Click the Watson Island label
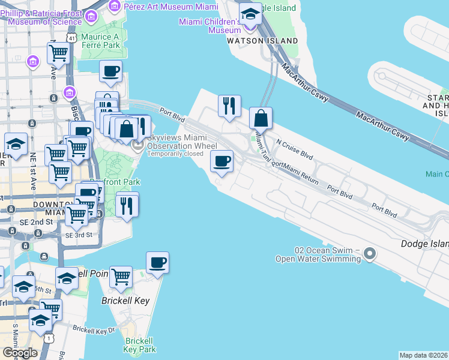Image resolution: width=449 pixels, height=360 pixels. (x=262, y=40)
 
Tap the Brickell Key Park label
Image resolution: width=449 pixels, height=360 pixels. (x=139, y=345)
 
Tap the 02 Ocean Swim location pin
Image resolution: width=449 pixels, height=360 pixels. (x=370, y=254)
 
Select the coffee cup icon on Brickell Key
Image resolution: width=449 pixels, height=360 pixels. (x=157, y=262)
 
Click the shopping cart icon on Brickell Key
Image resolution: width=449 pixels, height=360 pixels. (x=121, y=277)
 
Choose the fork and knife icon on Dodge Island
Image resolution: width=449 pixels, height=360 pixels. (x=229, y=106)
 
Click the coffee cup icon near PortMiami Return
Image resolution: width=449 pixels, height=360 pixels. (x=221, y=161)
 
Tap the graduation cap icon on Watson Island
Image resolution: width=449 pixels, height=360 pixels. (x=249, y=13)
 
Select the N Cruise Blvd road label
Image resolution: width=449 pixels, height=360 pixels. (x=295, y=150)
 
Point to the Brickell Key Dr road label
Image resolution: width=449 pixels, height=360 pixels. (x=94, y=329)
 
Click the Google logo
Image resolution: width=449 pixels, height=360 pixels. (x=20, y=353)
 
